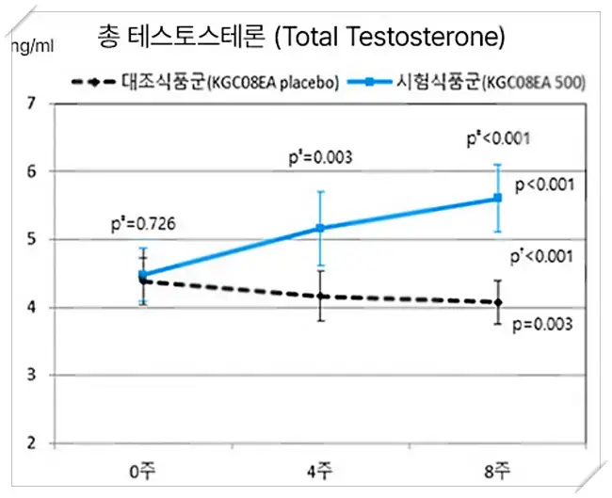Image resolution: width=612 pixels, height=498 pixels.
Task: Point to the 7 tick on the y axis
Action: pyautogui.click(x=29, y=103)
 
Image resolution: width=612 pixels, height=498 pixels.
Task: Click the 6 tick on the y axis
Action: pyautogui.click(x=29, y=171)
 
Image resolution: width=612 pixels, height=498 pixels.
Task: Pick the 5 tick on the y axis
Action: pyautogui.click(x=29, y=239)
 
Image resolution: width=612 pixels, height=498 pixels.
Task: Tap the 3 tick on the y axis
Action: pyautogui.click(x=29, y=375)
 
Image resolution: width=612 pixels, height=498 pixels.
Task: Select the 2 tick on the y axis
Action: pyautogui.click(x=29, y=442)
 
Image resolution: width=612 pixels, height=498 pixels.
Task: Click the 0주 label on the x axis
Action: pyautogui.click(x=143, y=468)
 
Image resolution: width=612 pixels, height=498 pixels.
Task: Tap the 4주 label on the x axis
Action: pyautogui.click(x=320, y=468)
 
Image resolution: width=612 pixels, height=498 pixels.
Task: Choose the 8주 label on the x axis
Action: pyautogui.click(x=497, y=468)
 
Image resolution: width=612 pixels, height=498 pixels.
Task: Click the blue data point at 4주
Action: pyautogui.click(x=320, y=228)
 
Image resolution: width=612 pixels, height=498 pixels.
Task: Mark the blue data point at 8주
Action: pyautogui.click(x=497, y=198)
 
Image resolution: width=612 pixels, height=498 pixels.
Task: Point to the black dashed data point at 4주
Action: pyautogui.click(x=320, y=297)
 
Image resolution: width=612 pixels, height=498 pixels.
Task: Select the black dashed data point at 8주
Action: pyautogui.click(x=497, y=302)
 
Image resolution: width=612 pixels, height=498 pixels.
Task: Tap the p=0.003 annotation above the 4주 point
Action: pyautogui.click(x=320, y=158)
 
